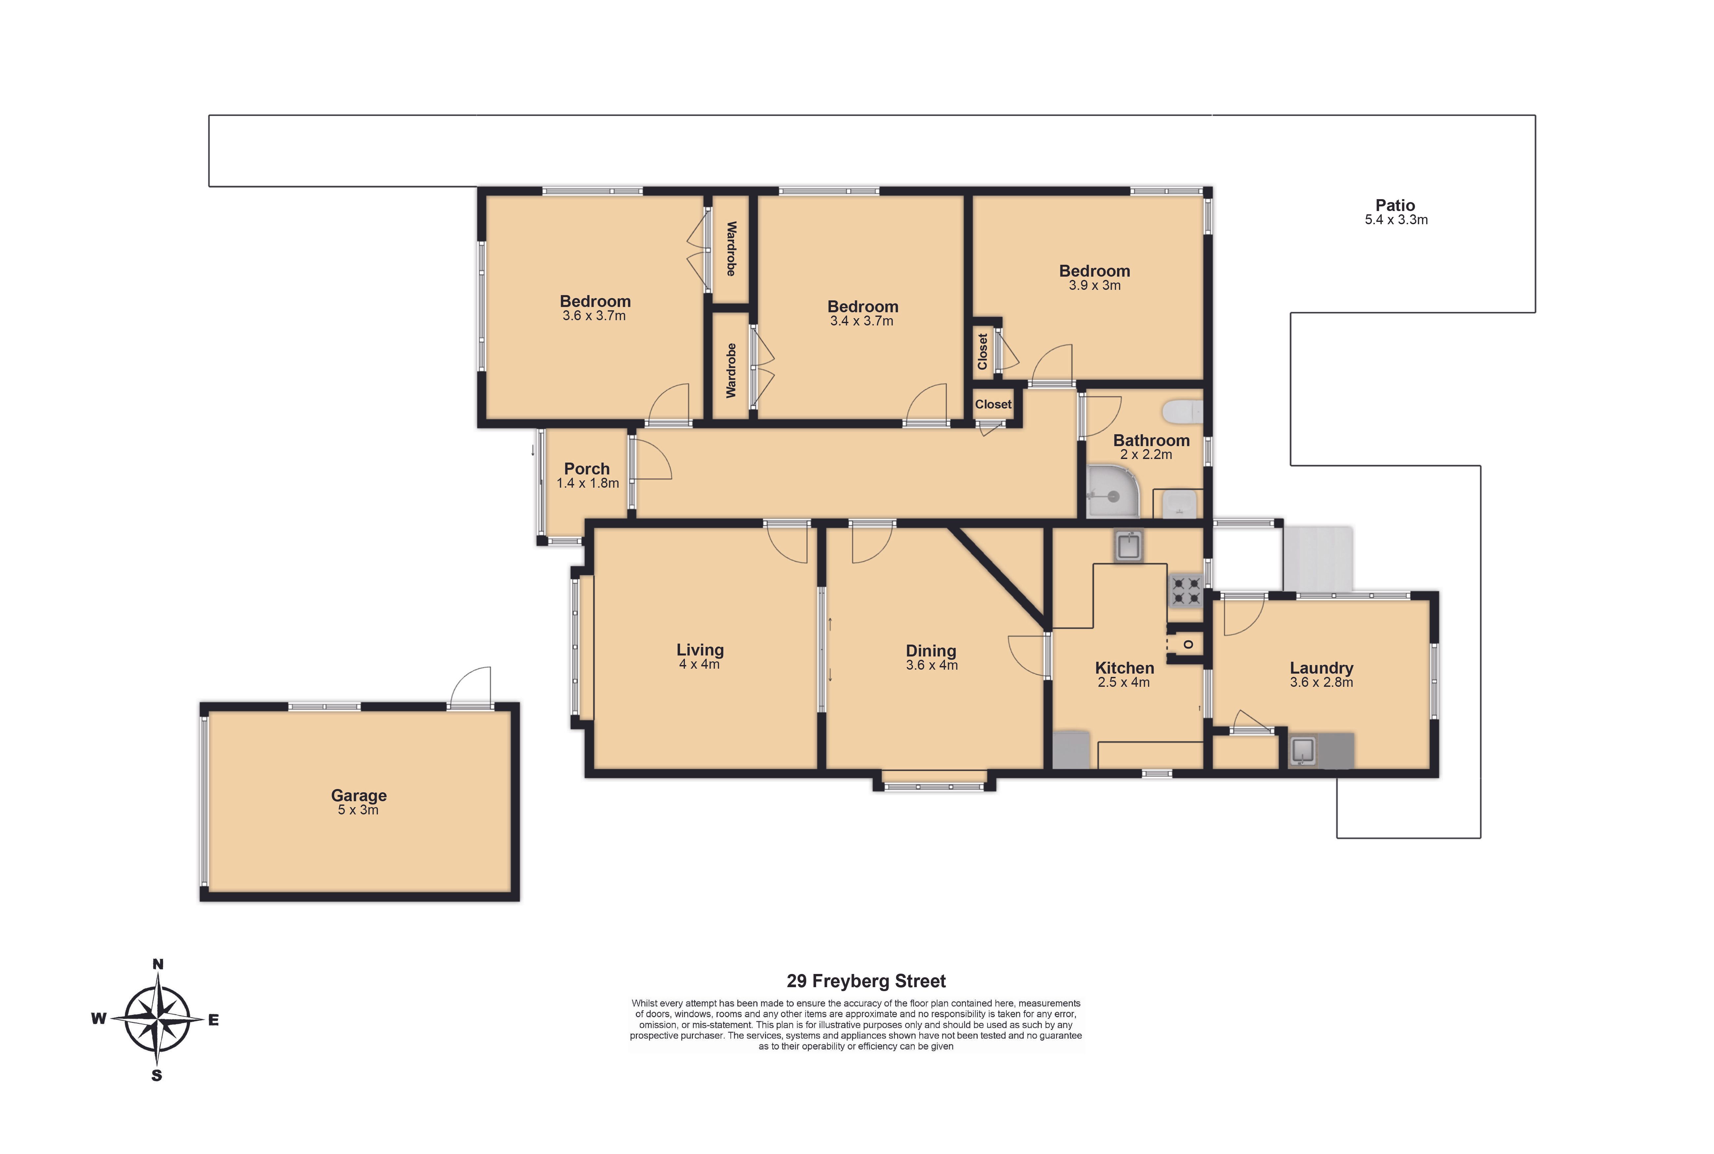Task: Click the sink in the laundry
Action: (x=1303, y=751)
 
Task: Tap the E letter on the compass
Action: (x=213, y=1020)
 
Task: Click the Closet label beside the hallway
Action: (x=993, y=404)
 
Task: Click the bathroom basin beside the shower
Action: (x=1179, y=505)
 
